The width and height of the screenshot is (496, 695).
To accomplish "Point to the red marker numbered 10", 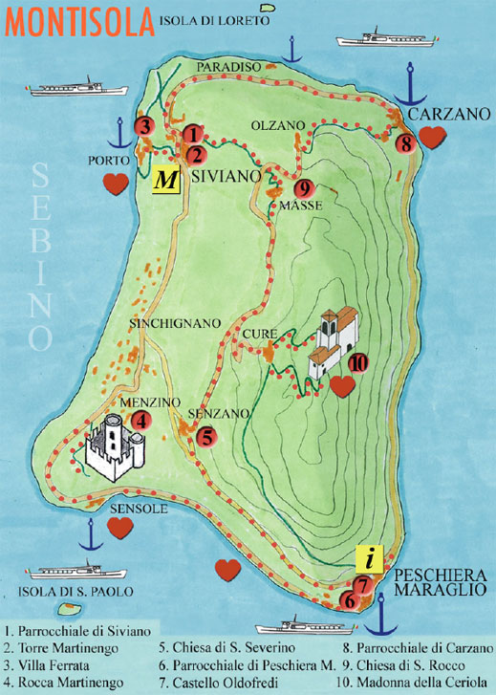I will point(358,362).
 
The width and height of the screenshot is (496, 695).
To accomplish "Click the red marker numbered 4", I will point(140,419).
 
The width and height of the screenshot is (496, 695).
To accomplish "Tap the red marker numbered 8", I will point(405,144).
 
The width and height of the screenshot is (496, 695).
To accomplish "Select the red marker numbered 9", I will point(304,188).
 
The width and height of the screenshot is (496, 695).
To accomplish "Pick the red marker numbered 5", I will point(205,437).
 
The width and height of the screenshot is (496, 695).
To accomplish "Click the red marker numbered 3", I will point(144,125).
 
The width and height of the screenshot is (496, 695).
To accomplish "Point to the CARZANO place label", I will point(443,114).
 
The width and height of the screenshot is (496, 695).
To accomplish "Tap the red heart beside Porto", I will point(116,185).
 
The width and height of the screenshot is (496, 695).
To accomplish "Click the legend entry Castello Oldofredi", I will point(215,681).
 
